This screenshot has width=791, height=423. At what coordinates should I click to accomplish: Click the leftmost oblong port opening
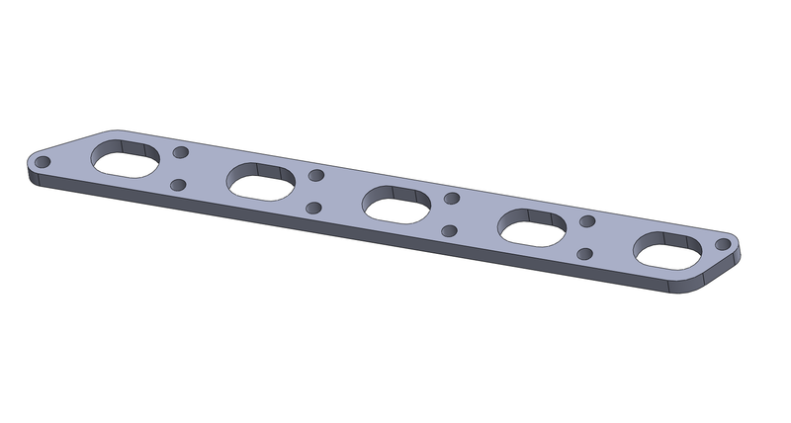[125, 161]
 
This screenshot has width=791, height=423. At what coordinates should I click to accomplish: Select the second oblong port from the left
[260, 182]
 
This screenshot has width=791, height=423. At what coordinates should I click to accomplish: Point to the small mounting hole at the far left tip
[44, 162]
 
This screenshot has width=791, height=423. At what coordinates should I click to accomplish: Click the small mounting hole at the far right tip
[724, 244]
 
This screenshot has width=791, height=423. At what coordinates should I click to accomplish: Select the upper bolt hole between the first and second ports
[181, 154]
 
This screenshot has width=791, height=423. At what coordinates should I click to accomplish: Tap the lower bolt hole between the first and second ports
[178, 185]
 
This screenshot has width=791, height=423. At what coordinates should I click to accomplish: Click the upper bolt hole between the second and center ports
[316, 176]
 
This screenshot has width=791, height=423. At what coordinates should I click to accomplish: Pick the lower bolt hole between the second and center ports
[313, 208]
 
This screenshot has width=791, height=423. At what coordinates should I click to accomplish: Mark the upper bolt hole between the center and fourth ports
[452, 199]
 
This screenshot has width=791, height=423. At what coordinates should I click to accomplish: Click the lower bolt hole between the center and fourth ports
[449, 231]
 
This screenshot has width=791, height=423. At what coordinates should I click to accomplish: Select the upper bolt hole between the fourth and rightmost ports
[587, 221]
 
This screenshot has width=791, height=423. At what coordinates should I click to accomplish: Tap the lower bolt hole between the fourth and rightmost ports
[584, 254]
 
